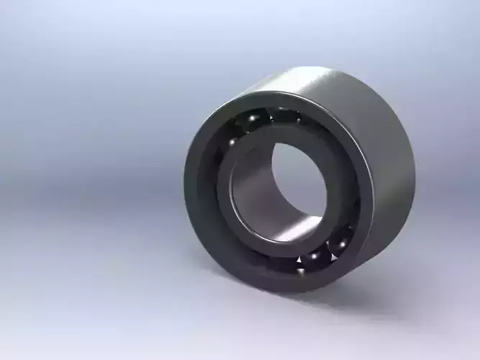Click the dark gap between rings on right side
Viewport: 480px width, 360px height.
pos(353,194)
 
